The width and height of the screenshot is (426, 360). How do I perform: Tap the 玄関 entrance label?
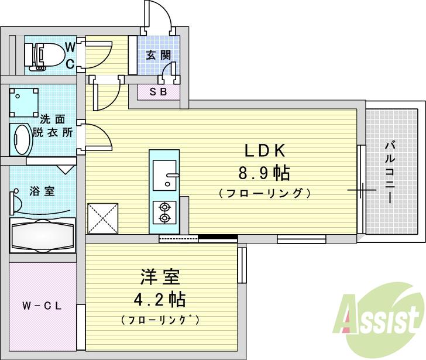pos(158,56)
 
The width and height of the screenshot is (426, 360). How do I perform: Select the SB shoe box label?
pos(158,91)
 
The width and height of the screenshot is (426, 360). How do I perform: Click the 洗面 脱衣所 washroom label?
pos(57,125)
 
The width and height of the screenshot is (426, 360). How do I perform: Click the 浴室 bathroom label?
pos(42,191)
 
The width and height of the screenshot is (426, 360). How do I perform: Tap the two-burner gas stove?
pos(164,212)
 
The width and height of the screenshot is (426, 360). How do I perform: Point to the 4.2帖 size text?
pos(159,300)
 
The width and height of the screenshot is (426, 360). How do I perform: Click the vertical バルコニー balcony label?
pos(390,173)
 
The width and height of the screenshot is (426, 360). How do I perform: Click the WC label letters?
pos(70,55)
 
